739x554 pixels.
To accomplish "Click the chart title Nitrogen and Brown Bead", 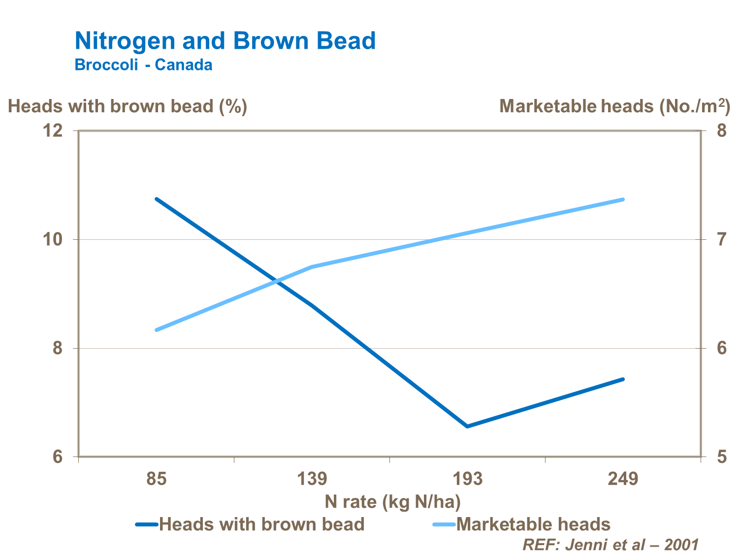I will pos(225,41).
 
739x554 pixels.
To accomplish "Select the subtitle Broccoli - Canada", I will pos(143,65).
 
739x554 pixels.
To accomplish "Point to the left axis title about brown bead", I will pos(128,106).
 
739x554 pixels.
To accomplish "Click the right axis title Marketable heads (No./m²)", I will pos(614,106).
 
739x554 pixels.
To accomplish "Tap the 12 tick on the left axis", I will pos(54,131).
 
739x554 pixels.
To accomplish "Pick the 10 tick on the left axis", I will pos(54,240).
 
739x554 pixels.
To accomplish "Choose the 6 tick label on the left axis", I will pos(58,457).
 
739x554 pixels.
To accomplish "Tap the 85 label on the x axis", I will pos(157,479).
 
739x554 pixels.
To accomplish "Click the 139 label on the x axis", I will pos(312,479).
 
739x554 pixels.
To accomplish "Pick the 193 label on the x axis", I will pos(467,479).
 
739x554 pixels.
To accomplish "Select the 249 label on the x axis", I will pos(623,479).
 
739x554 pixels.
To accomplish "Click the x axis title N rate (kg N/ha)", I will pos(392,502).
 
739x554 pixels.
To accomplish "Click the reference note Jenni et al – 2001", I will pos(610,545).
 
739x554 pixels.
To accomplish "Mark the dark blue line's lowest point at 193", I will pos(467,426).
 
